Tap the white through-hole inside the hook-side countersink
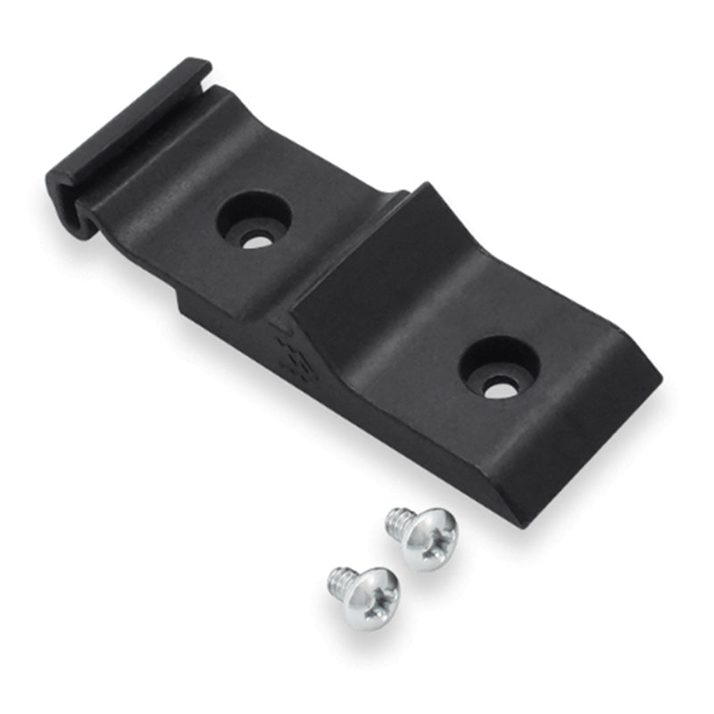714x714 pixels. point(258,239)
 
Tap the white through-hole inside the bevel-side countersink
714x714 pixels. point(501,388)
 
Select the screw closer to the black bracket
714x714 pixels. point(422,537)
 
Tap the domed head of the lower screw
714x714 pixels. point(371,598)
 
